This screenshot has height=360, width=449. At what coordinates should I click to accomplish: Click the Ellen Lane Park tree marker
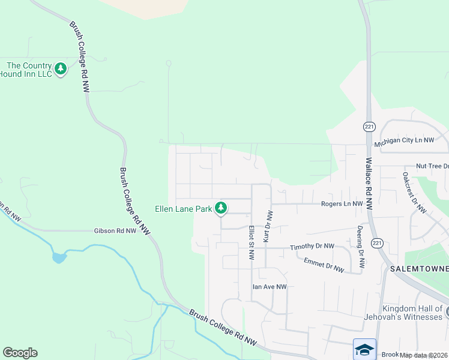221,208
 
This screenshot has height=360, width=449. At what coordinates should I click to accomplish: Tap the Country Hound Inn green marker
61,69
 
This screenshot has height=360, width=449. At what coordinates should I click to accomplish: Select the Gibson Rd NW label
115,230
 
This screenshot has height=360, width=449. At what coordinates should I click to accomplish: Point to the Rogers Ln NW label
342,204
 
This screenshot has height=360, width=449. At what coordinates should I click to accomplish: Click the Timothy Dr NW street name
312,247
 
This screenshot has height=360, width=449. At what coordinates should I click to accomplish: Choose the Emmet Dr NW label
324,265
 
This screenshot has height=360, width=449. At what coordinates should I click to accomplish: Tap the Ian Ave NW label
269,287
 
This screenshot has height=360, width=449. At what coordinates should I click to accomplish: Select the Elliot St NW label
251,242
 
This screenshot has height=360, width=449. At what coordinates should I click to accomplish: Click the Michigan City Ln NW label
403,140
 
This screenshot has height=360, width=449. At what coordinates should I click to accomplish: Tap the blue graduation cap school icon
364,349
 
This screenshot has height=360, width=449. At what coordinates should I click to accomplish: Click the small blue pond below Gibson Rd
59,258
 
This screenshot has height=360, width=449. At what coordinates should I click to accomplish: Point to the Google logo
20,353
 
